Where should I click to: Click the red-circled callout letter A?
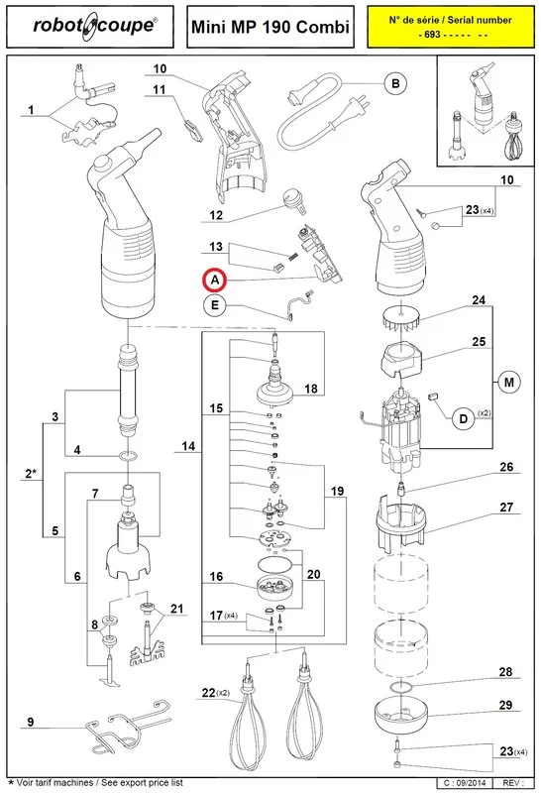coord(215,280)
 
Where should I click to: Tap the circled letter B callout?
coord(396,83)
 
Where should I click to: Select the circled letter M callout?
coord(508,383)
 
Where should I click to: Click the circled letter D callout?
coord(463,419)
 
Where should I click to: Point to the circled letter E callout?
coord(215,305)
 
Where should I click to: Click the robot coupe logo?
coord(95,27)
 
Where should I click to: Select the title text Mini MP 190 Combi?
coord(270,27)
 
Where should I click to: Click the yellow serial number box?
coord(451,27)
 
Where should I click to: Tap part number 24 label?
coord(479,300)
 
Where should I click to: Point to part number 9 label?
coord(31,722)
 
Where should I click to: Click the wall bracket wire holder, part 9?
coord(128,726)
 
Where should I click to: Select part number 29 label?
coord(505,705)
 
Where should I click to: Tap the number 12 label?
coord(216,215)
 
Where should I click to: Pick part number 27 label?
coord(506,508)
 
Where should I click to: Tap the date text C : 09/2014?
coord(462,783)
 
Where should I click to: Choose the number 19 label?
coord(337,491)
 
